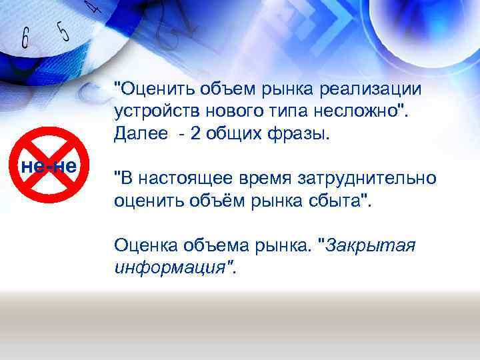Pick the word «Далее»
pos(140,132)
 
